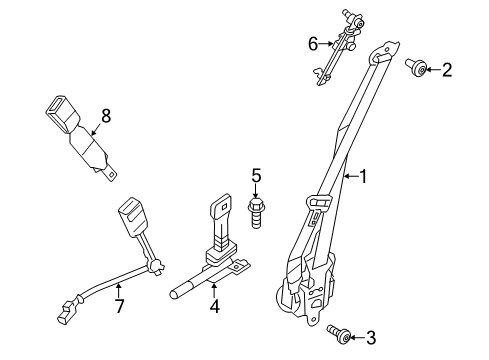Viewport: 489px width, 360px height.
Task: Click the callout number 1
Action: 363,177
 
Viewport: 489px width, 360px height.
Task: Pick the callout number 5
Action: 255,179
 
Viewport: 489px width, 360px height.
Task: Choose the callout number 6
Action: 312,44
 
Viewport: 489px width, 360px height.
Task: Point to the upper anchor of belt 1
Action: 385,56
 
